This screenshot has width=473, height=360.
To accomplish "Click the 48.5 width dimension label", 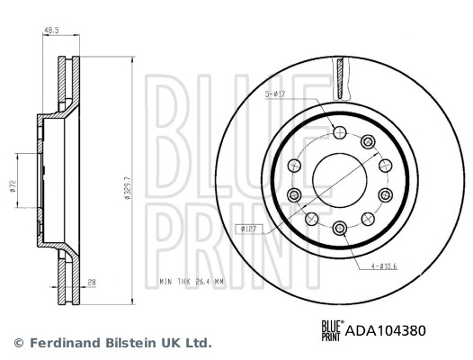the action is pyautogui.click(x=51, y=31).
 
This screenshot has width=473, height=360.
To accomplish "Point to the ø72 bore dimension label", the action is pyautogui.click(x=13, y=186).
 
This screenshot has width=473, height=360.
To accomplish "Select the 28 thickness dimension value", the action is pyautogui.click(x=92, y=283).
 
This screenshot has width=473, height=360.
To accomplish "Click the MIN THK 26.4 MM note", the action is pyautogui.click(x=192, y=282).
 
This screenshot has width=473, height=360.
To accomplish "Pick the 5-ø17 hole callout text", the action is pyautogui.click(x=275, y=94).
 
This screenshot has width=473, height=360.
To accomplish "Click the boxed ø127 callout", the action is pyautogui.click(x=249, y=229).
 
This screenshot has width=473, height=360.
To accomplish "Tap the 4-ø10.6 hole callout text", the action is pyautogui.click(x=384, y=266).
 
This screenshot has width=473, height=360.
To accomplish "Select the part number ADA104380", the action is pyautogui.click(x=385, y=330).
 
